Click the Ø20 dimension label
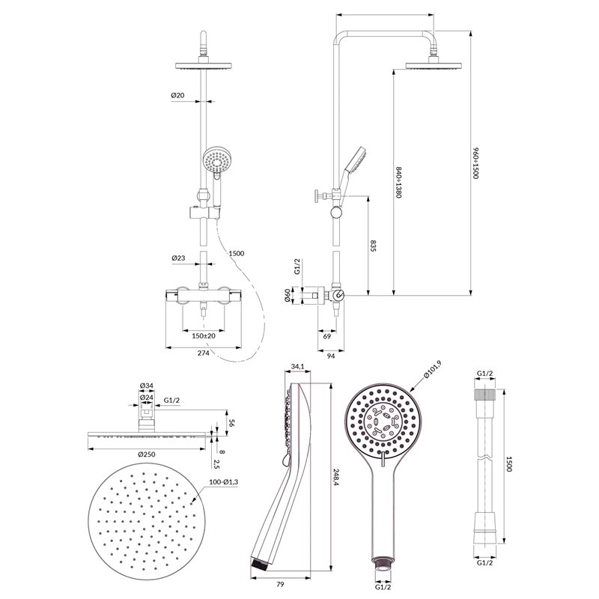177,95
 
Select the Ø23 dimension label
178,258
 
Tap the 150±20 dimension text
204,335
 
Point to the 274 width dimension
203,353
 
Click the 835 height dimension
373,246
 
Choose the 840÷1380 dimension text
398,182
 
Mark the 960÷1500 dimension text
475,163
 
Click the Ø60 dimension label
288,296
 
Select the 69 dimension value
327,336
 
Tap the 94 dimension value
331,356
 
